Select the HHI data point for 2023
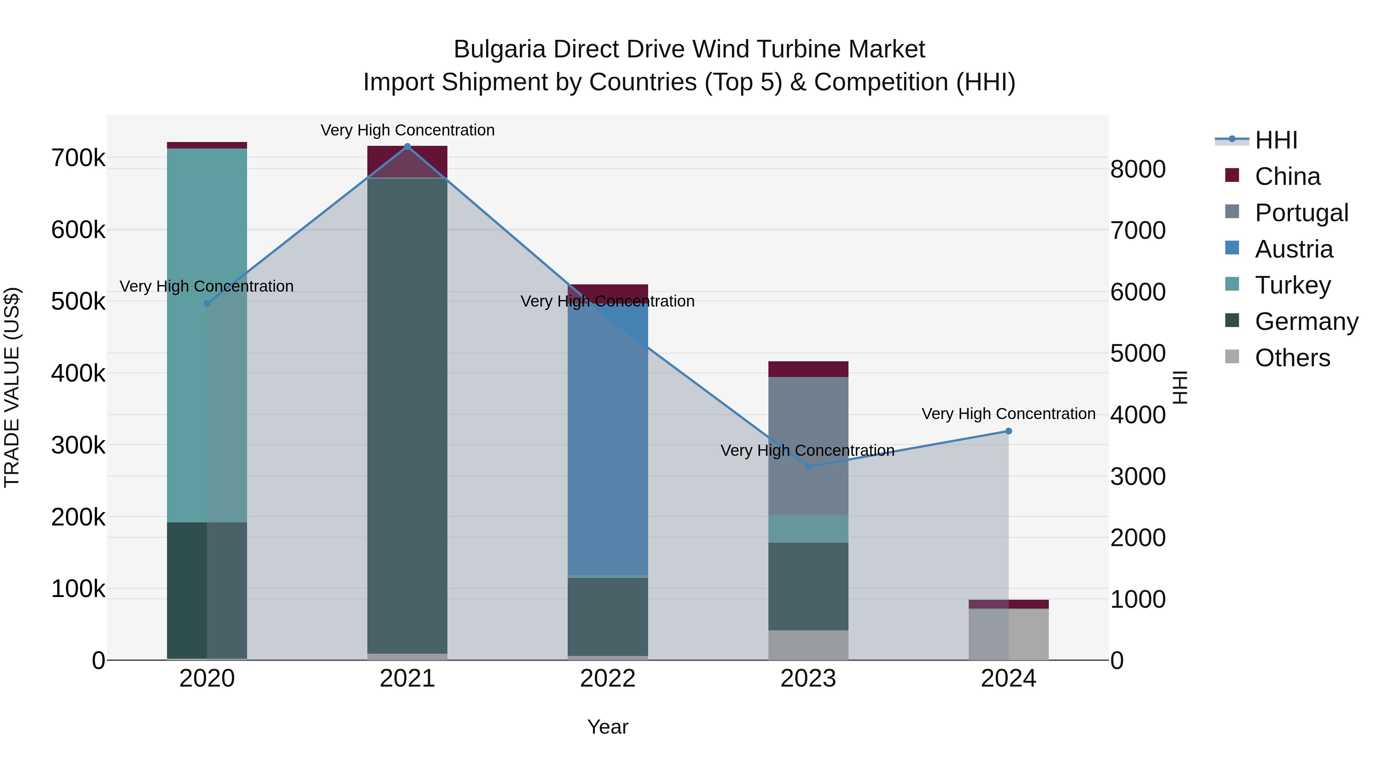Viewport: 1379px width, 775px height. (808, 467)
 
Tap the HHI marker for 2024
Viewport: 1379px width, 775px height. (1009, 431)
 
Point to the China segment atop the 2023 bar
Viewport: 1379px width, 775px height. (808, 369)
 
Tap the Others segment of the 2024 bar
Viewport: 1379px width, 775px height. (1009, 634)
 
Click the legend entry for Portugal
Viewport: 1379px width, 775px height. (1301, 213)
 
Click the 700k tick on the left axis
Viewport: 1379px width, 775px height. (78, 158)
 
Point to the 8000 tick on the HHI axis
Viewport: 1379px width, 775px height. (1138, 169)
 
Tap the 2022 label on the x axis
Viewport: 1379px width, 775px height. (608, 679)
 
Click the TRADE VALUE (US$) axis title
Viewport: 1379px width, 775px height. (12, 387)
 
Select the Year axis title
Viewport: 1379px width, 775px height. (608, 727)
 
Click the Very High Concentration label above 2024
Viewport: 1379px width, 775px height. (1008, 414)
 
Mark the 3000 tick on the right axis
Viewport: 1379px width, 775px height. (1138, 476)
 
